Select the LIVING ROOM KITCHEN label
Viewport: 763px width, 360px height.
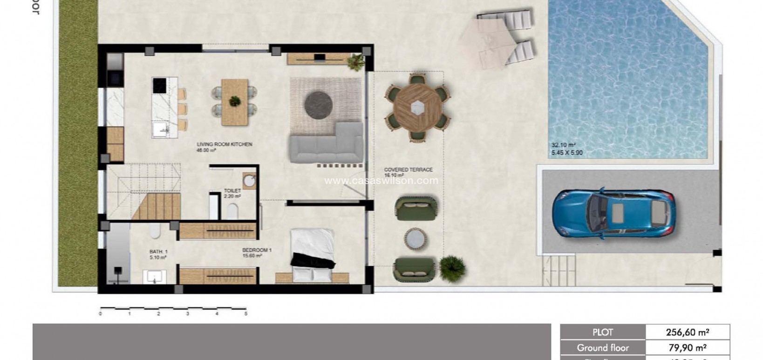[x=224, y=145]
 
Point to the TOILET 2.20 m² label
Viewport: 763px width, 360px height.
[x=232, y=193]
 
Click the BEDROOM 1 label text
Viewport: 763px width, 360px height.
[x=257, y=250]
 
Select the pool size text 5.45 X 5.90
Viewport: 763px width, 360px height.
[x=567, y=153]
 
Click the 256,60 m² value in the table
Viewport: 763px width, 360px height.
[x=687, y=333]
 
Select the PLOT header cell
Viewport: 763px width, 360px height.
[x=603, y=333]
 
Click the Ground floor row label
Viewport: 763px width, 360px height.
[x=603, y=348]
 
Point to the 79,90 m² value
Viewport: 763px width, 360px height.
[x=687, y=348]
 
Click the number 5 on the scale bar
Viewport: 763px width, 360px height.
[x=245, y=314]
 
